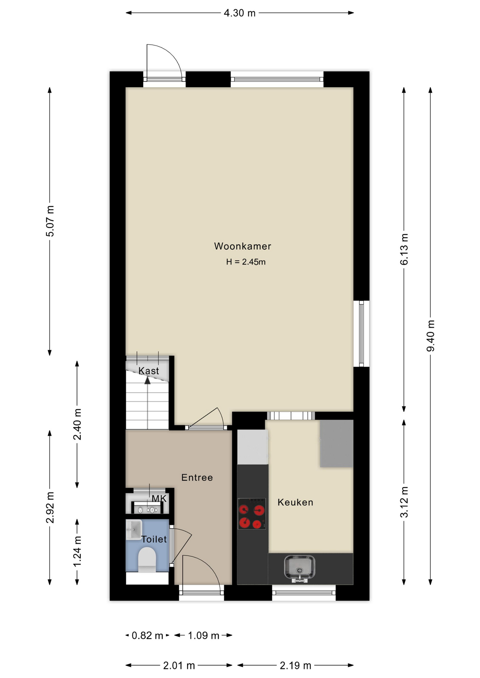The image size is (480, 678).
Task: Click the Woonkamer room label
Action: pyautogui.click(x=242, y=246)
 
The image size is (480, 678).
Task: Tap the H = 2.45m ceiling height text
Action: pyautogui.click(x=246, y=262)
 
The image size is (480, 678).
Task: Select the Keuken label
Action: pyautogui.click(x=295, y=502)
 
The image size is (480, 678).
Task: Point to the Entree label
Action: pyautogui.click(x=197, y=477)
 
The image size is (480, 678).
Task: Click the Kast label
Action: pyautogui.click(x=148, y=371)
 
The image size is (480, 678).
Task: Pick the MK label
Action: pyautogui.click(x=159, y=499)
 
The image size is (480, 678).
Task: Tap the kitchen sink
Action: pyautogui.click(x=299, y=568)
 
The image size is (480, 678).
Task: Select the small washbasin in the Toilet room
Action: pyautogui.click(x=134, y=529)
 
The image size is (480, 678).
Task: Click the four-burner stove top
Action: pyautogui.click(x=251, y=514)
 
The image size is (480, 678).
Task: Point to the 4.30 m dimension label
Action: pyautogui.click(x=240, y=13)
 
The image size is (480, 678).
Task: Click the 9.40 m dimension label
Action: pyautogui.click(x=431, y=335)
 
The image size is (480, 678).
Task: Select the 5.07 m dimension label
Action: pyautogui.click(x=50, y=221)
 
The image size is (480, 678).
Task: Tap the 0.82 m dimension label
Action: pyautogui.click(x=147, y=636)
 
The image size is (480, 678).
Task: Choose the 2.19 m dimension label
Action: pyautogui.click(x=295, y=666)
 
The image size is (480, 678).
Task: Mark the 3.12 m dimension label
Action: pyautogui.click(x=404, y=502)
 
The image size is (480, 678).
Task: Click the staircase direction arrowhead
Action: pyautogui.click(x=147, y=380)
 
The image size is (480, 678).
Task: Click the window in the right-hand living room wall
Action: pyautogui.click(x=361, y=334)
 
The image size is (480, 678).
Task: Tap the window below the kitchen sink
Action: pyautogui.click(x=304, y=593)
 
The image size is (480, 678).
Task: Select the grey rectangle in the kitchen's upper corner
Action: pyautogui.click(x=336, y=444)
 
